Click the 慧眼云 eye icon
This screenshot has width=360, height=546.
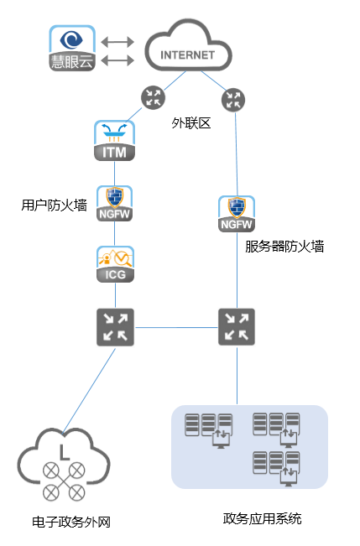click(72, 48)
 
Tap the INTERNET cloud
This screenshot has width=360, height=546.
click(188, 46)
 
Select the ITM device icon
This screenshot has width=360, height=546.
click(114, 141)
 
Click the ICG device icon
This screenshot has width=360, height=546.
click(115, 264)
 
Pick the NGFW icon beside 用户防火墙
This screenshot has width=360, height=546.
click(114, 203)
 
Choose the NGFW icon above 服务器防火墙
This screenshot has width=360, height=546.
click(237, 214)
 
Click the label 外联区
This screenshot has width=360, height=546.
click(191, 123)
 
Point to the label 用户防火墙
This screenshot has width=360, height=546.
click(54, 205)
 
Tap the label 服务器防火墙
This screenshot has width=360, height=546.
click(284, 247)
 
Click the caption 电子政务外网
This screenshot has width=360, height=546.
click(71, 522)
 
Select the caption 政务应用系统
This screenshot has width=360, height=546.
click(262, 518)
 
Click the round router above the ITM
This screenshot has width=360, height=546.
click(153, 97)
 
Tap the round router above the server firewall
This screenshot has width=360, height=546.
click(233, 100)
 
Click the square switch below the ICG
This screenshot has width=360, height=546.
click(115, 327)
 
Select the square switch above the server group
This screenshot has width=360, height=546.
click(237, 326)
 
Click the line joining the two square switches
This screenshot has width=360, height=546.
click(176, 327)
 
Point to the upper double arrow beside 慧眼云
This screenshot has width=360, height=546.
click(117, 42)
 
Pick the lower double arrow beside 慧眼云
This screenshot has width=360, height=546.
click(117, 60)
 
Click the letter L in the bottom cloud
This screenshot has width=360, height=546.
click(64, 452)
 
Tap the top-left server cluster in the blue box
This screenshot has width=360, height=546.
click(208, 430)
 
